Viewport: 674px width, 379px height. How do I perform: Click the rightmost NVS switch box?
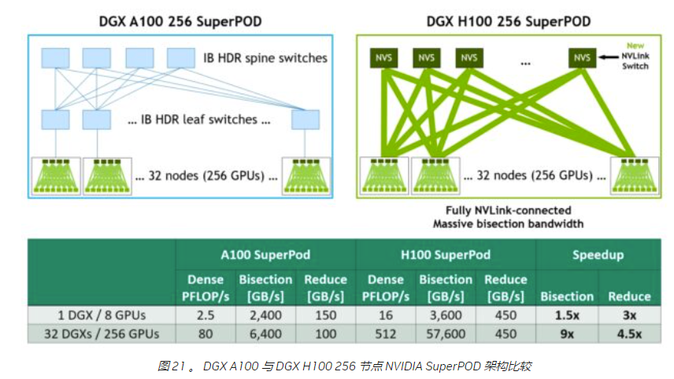pyautogui.click(x=582, y=57)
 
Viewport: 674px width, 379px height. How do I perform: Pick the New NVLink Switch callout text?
pyautogui.click(x=634, y=57)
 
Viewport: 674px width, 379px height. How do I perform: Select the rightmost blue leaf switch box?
pyautogui.click(x=306, y=120)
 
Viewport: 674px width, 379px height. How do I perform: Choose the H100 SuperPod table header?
pyautogui.click(x=446, y=255)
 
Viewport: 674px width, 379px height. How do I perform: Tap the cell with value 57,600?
pyautogui.click(x=446, y=333)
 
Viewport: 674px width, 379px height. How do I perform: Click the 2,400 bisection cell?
pyautogui.click(x=265, y=315)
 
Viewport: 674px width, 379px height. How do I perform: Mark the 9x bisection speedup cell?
pyautogui.click(x=566, y=333)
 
